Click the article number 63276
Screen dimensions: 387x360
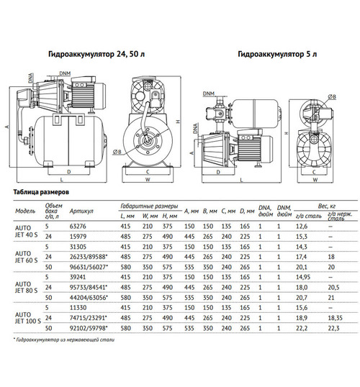(78, 227)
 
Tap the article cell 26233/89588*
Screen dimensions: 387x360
(89, 255)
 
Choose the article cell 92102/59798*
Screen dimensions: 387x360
(89, 329)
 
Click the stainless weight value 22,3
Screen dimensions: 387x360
(332, 329)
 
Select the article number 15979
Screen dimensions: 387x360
(78, 236)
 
